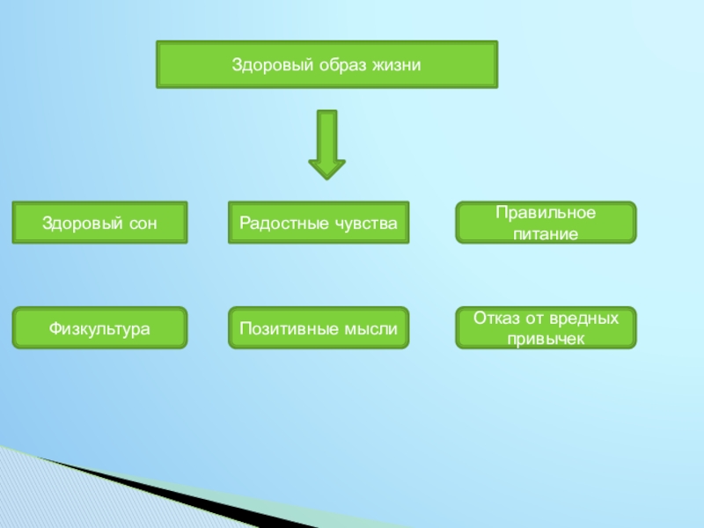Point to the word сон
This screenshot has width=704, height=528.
click(x=143, y=223)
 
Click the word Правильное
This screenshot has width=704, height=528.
click(x=546, y=213)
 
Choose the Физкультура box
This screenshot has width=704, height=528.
click(x=99, y=328)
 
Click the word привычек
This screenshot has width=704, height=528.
click(x=546, y=338)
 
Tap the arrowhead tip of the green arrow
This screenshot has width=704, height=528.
click(x=326, y=178)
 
